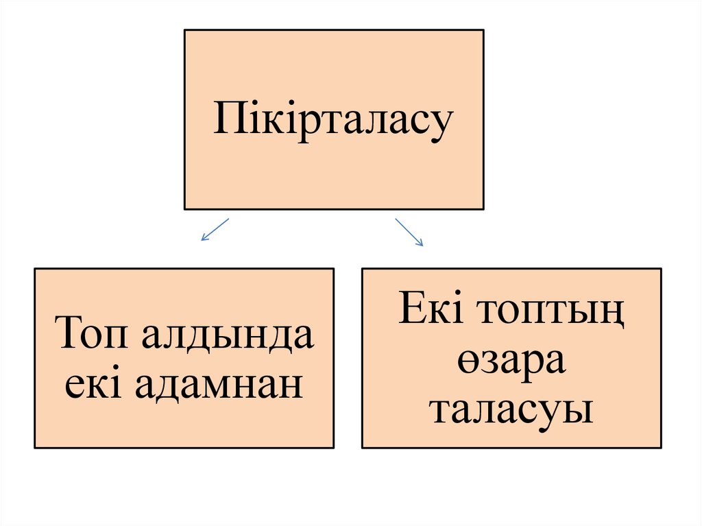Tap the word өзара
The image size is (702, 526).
[511, 361]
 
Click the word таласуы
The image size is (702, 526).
[511, 410]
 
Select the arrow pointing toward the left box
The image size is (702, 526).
[215, 229]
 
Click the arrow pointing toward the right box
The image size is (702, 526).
[409, 232]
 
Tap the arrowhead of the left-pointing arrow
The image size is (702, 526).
[203, 239]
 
